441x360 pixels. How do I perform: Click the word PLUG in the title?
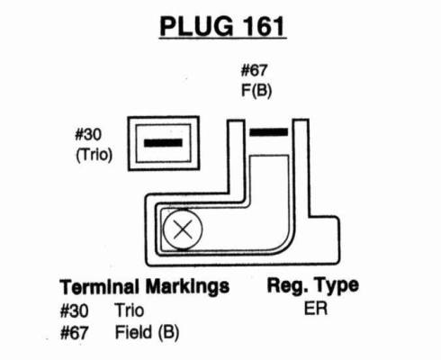(x=196, y=26)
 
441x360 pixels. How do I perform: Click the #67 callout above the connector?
(x=254, y=70)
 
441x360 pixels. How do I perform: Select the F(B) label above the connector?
(x=256, y=90)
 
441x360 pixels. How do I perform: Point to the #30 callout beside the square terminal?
(x=88, y=135)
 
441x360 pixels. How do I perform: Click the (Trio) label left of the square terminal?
(x=94, y=155)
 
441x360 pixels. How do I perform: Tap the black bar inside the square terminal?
(x=163, y=143)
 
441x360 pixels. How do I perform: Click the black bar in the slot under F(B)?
(x=269, y=132)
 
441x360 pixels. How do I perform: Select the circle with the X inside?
(x=183, y=229)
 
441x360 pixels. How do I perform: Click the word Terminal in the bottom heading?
(x=100, y=286)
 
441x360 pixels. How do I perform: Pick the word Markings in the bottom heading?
(x=187, y=287)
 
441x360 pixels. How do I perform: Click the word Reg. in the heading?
(x=286, y=286)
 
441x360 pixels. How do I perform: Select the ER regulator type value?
(x=316, y=309)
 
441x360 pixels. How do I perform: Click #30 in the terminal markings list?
(x=74, y=310)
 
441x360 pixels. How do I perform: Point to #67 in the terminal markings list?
(x=74, y=333)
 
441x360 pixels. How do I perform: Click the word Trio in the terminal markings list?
(x=130, y=310)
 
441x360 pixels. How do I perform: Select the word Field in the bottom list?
(x=133, y=332)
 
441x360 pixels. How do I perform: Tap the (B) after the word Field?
(x=168, y=333)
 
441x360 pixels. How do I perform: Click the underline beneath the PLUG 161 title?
(x=222, y=38)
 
